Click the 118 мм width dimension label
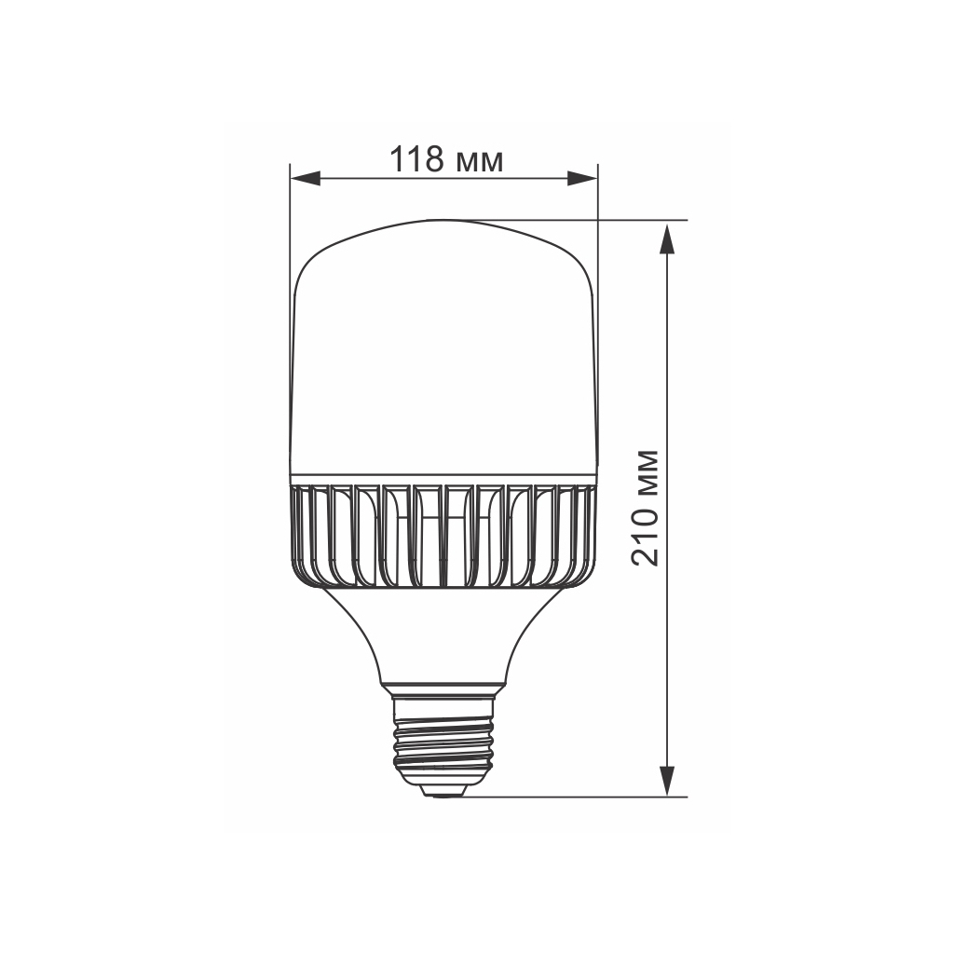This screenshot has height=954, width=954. (446, 160)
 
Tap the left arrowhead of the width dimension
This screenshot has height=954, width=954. (304, 178)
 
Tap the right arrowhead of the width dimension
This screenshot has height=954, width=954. (583, 178)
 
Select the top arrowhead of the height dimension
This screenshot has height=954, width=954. (667, 238)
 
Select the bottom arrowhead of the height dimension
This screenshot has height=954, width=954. (667, 781)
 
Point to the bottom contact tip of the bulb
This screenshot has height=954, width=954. (443, 791)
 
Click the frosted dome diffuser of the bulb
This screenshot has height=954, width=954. (443, 354)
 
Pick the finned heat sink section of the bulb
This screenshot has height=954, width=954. (443, 536)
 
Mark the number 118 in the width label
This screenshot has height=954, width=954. (416, 160)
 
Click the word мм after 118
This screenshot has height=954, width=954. (481, 162)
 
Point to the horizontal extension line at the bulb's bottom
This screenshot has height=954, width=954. (578, 797)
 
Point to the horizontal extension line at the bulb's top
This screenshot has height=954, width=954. (596, 221)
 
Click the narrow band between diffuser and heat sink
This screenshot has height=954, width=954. (443, 478)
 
